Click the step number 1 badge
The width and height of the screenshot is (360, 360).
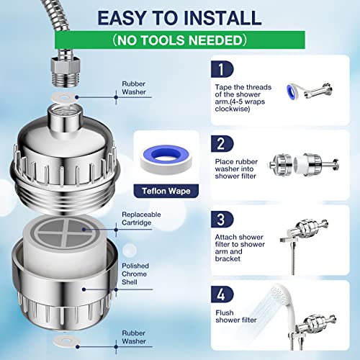tap(222, 69)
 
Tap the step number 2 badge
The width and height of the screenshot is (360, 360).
tap(222, 144)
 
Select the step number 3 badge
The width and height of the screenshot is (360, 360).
tap(222, 219)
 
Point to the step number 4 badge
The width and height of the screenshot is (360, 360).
tap(222, 294)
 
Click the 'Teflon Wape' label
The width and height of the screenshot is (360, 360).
tap(166, 191)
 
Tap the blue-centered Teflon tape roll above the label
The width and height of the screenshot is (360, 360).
tap(166, 158)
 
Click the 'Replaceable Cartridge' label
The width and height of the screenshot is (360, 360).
tap(141, 218)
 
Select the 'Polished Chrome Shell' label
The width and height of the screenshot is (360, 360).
tap(135, 274)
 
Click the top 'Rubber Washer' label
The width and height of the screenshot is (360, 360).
tap(134, 88)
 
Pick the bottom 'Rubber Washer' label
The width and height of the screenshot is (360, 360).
tap(134, 337)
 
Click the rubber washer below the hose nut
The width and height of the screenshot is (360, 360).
tap(64, 98)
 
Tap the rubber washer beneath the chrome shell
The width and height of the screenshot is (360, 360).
tap(66, 341)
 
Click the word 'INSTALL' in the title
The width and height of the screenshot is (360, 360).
tap(222, 18)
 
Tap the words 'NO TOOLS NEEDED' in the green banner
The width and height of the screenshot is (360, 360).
tap(179, 40)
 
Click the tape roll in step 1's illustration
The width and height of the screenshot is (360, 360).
tap(294, 92)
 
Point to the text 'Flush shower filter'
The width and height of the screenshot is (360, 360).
tap(236, 316)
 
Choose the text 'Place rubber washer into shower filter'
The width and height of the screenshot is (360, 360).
tap(236, 168)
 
